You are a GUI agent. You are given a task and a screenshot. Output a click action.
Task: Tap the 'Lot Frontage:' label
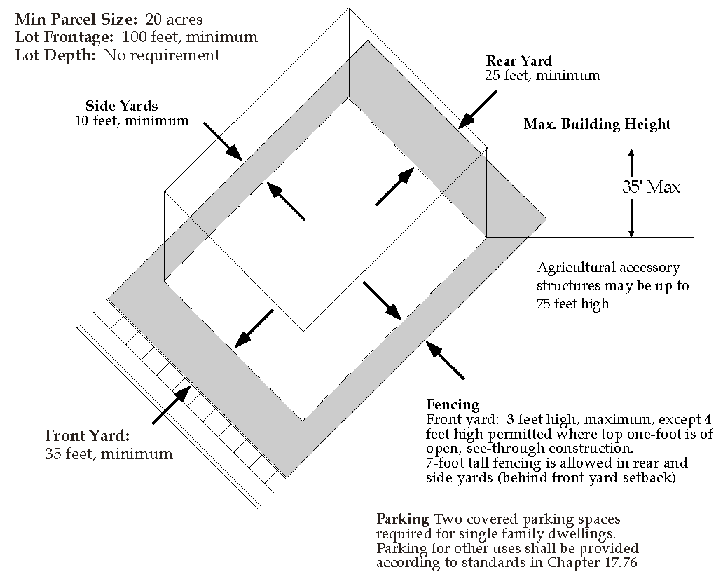coord(65,36)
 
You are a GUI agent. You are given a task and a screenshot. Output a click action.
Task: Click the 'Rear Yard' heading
coord(518,61)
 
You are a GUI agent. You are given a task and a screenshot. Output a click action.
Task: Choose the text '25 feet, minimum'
coord(542,75)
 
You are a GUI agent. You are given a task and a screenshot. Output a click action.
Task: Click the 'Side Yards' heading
coord(121,106)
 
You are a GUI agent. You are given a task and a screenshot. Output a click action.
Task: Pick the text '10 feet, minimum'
coord(132,121)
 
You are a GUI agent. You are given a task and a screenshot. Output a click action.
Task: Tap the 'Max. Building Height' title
coord(597,125)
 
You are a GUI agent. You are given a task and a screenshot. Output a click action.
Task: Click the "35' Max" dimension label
coord(651,187)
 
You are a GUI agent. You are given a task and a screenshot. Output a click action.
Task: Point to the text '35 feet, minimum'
coord(109,454)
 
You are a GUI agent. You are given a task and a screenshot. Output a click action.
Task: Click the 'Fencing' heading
coord(453,404)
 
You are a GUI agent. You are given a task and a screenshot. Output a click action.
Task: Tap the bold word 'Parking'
coord(402,519)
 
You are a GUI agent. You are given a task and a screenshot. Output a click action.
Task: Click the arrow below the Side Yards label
coord(223,141)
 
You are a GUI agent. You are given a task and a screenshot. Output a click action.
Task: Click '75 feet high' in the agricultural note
coord(573,304)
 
